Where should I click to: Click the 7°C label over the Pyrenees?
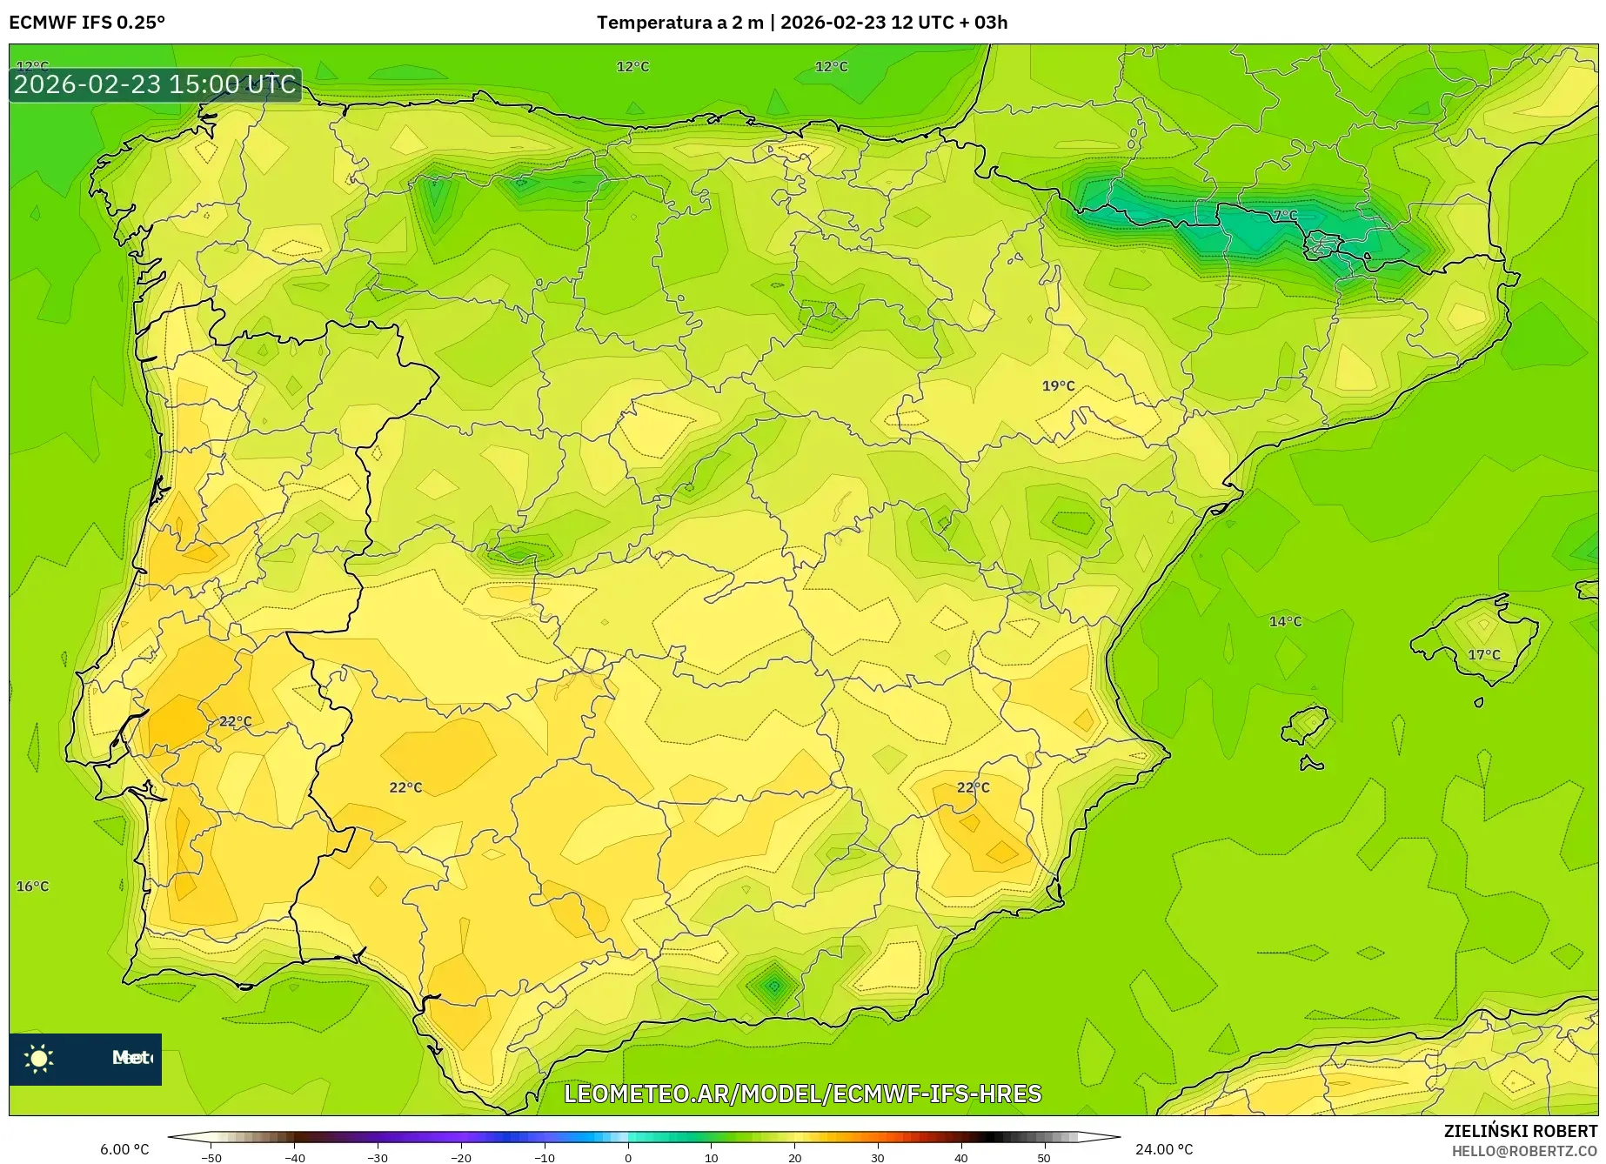click(x=1285, y=215)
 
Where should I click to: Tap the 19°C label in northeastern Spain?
click(x=1058, y=385)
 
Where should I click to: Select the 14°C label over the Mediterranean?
click(x=1285, y=621)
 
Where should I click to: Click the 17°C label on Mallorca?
click(x=1484, y=654)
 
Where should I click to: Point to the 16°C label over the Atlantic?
click(x=33, y=886)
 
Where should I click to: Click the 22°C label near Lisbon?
click(x=235, y=721)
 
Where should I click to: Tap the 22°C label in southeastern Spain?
click(x=973, y=786)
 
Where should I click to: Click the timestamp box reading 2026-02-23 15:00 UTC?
click(x=156, y=84)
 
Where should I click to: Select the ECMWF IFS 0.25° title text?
click(x=87, y=23)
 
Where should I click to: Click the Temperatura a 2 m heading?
click(x=679, y=23)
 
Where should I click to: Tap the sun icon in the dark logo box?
click(x=39, y=1058)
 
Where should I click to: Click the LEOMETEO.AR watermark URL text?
click(x=802, y=1094)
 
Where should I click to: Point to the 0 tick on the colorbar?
click(x=627, y=1157)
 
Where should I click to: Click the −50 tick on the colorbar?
click(x=211, y=1157)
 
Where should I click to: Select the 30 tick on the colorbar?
click(x=877, y=1157)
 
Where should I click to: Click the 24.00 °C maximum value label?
click(x=1164, y=1149)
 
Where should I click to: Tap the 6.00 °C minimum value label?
click(x=124, y=1149)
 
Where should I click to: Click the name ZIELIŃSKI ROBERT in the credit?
click(x=1521, y=1131)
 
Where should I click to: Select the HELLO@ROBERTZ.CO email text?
click(x=1524, y=1151)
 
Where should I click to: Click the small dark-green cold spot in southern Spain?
click(x=773, y=985)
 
